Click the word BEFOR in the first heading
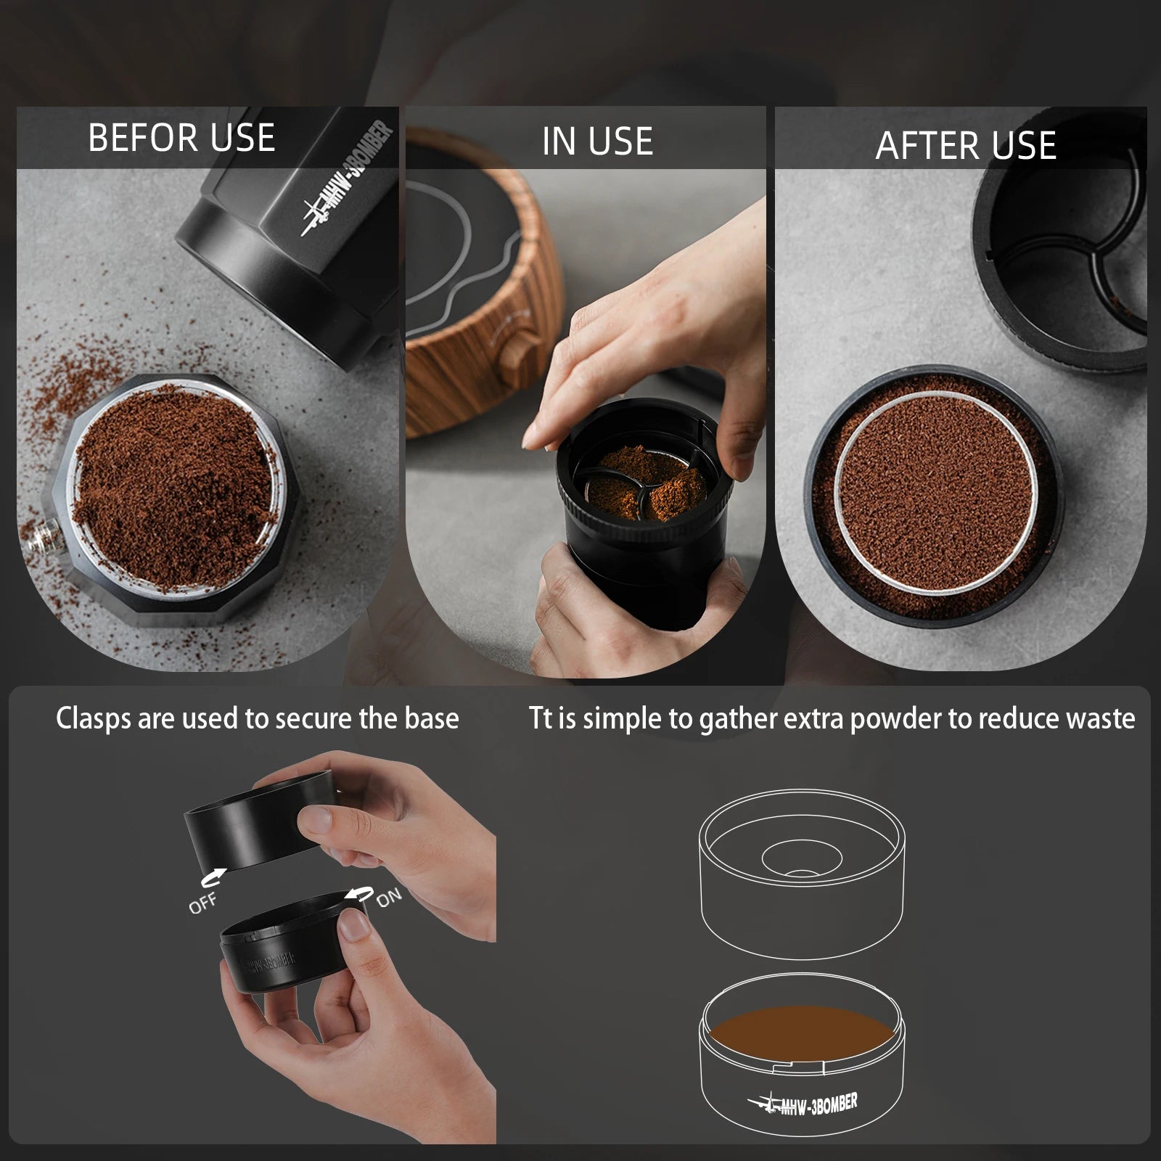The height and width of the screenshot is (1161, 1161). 134,138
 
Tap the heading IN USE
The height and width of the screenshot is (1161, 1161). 597,141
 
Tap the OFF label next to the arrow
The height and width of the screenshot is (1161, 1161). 202,903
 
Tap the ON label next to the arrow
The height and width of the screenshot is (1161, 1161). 389,898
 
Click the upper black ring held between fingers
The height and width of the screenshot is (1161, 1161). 247,820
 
